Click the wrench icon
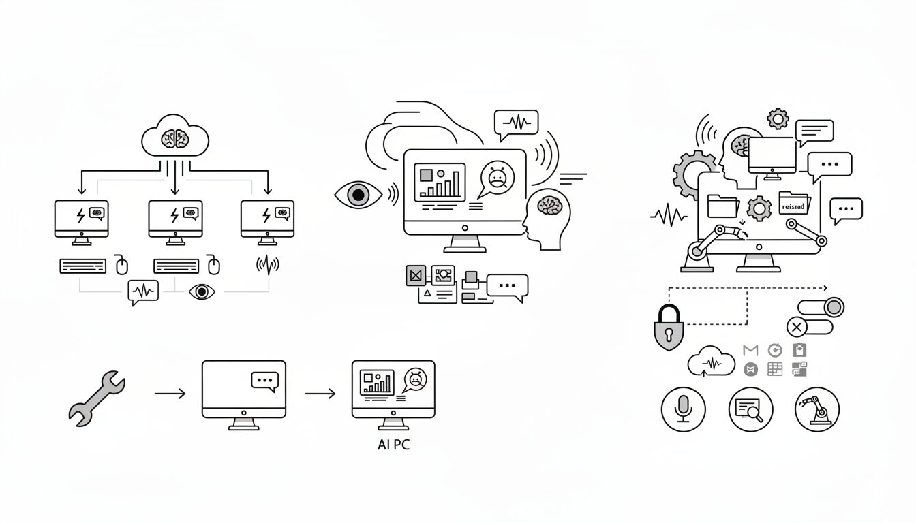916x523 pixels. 97,398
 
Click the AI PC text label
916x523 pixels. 393,445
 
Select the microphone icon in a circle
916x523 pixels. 683,409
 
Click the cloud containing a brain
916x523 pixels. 175,138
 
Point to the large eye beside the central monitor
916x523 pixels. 358,195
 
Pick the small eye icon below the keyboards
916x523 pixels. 201,291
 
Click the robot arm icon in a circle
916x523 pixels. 817,409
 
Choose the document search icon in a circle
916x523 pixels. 750,409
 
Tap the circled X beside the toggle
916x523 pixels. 796,327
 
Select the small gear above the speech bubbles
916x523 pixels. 778,119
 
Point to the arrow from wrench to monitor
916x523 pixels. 170,394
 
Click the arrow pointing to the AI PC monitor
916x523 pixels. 320,394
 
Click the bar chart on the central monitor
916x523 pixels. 440,182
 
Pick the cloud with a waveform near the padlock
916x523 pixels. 712,361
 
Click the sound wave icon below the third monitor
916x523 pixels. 267,265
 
